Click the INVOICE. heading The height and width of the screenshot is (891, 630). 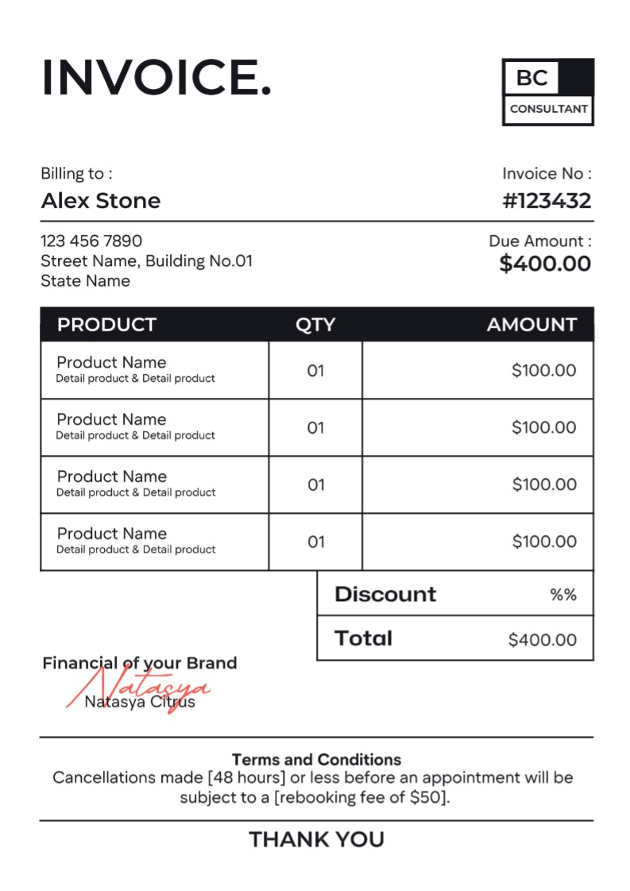[x=156, y=78]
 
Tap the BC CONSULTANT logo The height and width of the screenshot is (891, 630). [x=547, y=92]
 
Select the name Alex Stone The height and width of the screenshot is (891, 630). [x=100, y=200]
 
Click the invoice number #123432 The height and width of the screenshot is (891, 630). [x=547, y=200]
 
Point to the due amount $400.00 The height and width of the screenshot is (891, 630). [x=545, y=264]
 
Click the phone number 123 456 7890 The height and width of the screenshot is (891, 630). [x=91, y=241]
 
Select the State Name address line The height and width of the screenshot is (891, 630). [x=85, y=281]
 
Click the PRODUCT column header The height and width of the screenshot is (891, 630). [x=106, y=324]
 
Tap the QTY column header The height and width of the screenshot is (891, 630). [x=315, y=324]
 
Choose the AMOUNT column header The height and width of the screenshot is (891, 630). [x=531, y=324]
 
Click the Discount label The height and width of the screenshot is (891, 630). [x=385, y=594]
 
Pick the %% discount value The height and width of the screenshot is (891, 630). [x=563, y=595]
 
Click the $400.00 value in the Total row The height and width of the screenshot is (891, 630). [x=543, y=639]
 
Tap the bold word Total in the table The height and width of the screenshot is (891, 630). [x=363, y=638]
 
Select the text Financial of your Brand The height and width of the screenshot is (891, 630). [x=139, y=663]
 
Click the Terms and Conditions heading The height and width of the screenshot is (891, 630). [x=316, y=759]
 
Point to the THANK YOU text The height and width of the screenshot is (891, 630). [x=316, y=839]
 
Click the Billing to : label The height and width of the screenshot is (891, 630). [x=76, y=174]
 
